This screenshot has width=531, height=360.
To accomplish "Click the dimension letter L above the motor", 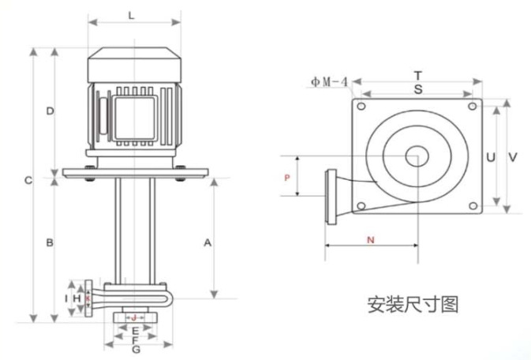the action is (132, 16).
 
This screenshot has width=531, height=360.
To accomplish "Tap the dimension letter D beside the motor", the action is (50, 111).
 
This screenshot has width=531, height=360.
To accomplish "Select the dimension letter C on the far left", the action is (28, 180).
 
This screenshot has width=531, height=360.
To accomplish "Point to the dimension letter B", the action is (50, 242).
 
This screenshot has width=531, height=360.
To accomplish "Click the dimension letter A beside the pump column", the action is (208, 242).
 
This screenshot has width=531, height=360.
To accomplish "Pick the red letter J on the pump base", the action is (134, 318).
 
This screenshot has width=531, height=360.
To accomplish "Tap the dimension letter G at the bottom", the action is (136, 349).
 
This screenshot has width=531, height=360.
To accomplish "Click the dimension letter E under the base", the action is (135, 332).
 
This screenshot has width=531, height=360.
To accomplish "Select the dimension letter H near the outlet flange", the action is (77, 298).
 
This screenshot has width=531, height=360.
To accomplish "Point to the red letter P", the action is (287, 178).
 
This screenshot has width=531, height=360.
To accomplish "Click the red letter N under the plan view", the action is (371, 240).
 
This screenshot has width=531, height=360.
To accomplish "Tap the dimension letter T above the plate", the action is (418, 75).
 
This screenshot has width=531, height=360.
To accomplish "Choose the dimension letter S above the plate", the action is (419, 89).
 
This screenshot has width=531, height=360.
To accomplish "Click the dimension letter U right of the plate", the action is (491, 157).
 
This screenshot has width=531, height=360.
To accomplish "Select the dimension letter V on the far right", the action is (513, 157).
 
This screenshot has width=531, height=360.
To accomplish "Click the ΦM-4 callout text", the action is (330, 81).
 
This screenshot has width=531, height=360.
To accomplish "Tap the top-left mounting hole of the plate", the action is (361, 107).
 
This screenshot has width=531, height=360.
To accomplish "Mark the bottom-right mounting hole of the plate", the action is (473, 206).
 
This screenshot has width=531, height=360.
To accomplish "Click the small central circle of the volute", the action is (417, 156).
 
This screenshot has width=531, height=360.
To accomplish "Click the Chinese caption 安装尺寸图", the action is (413, 304).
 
